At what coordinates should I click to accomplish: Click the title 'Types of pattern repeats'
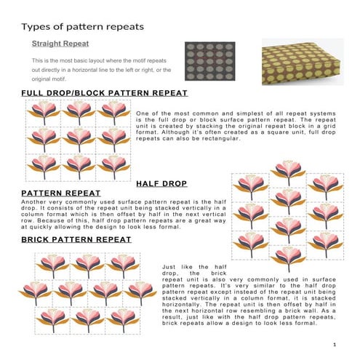pyautogui.click(x=82, y=27)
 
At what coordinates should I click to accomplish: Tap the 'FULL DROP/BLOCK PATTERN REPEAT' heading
pyautogui.click(x=104, y=93)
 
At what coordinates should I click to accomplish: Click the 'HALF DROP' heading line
pyautogui.click(x=161, y=183)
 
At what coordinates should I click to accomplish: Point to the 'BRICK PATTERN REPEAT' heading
pyautogui.click(x=76, y=239)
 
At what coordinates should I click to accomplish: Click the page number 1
pyautogui.click(x=332, y=344)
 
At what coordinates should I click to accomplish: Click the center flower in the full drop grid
pyautogui.click(x=79, y=137)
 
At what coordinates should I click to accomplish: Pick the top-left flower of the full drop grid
pyautogui.click(x=44, y=111)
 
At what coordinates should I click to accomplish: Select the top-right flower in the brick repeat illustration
pyautogui.click(x=122, y=265)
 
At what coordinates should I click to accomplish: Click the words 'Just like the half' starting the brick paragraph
pyautogui.click(x=189, y=267)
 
